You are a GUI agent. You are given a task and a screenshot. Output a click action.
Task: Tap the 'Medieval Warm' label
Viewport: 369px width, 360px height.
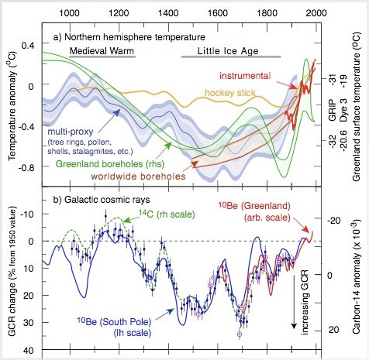pos(102,50)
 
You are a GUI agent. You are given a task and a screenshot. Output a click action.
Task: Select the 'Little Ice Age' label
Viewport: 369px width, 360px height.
pos(230,50)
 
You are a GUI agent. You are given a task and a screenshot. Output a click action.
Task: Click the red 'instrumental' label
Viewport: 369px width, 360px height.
pos(245,76)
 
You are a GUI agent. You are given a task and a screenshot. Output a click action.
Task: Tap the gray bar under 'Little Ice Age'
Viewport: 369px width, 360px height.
pos(230,58)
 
